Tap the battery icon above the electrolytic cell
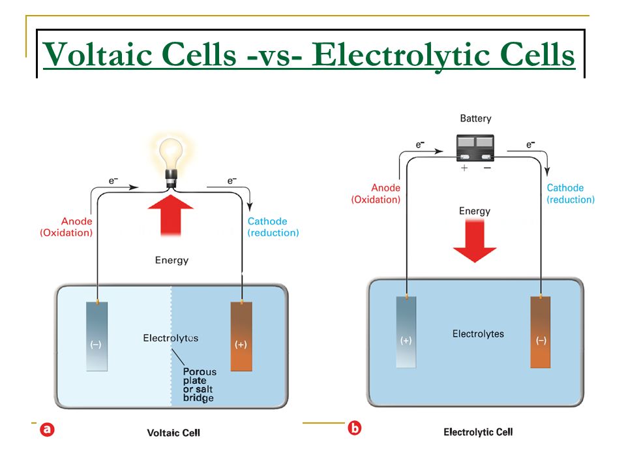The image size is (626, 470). point(475,148)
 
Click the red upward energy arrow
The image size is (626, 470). point(171,215)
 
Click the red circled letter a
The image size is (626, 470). point(47,430)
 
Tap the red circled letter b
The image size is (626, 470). point(355,428)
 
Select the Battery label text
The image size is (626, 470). point(475,119)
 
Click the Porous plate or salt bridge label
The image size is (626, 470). point(200,384)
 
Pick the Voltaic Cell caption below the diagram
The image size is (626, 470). point(173,433)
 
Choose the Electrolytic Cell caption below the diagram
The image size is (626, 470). point(478,432)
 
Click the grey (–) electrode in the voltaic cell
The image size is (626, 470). point(97,336)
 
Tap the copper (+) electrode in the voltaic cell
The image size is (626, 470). point(241,336)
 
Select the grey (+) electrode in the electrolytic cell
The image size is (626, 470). point(406,332)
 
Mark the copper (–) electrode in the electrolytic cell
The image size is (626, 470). point(540,332)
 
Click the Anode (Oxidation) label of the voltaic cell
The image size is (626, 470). point(67,227)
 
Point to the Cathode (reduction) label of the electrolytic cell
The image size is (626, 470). point(571,194)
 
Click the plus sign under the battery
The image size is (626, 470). point(464,168)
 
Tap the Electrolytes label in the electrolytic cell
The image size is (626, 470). point(478,334)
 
